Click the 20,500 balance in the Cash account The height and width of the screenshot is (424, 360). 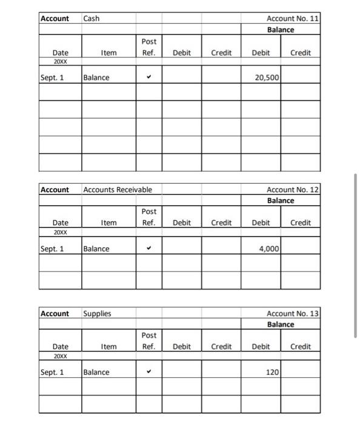coord(266,78)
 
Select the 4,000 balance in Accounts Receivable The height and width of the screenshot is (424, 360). coord(268,248)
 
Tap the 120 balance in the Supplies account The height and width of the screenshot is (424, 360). coord(272,372)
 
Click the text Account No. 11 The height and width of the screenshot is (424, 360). coord(293,19)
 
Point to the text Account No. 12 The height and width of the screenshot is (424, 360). coord(293,190)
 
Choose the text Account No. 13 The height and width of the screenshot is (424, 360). coord(293,313)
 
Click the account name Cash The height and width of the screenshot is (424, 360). coord(92,19)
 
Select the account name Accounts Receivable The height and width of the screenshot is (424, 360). coord(118,190)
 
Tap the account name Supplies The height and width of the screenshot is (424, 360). coord(97,313)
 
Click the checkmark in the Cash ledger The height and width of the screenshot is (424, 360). coord(148,78)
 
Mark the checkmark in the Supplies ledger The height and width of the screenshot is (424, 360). coord(148,372)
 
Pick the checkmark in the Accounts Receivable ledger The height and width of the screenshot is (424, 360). coord(148,248)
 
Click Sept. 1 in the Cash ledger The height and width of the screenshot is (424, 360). coord(52,78)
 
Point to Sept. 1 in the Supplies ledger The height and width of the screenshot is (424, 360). coord(52,372)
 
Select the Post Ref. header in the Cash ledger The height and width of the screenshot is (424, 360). coord(148,47)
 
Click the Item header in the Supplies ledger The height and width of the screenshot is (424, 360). coord(109,346)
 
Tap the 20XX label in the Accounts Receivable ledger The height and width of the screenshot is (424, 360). coord(60,232)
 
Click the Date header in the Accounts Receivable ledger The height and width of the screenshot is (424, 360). coord(60,223)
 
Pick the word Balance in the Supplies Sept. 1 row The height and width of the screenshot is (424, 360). coord(96,372)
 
